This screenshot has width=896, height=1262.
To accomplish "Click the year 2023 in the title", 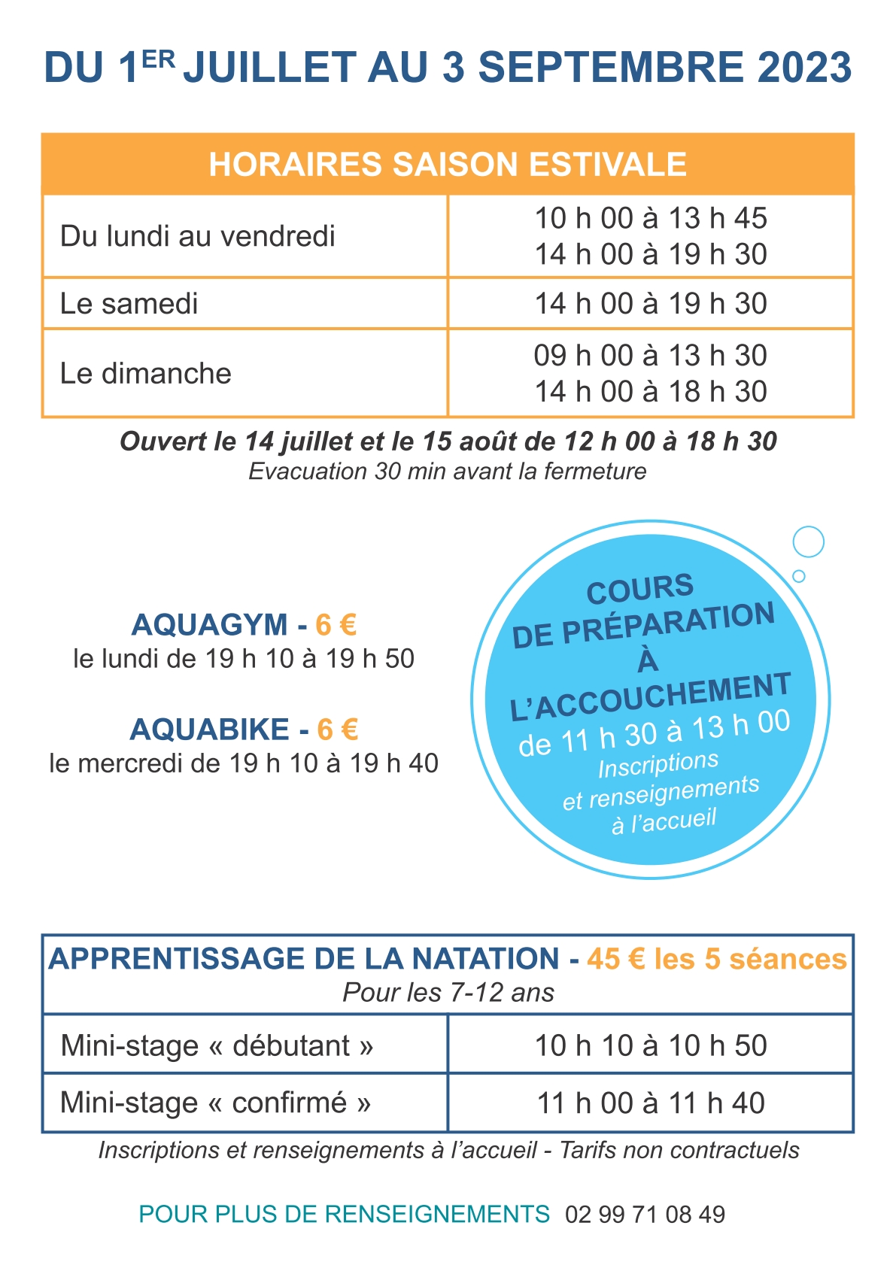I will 804,68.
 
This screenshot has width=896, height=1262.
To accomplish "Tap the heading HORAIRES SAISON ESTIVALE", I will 448,165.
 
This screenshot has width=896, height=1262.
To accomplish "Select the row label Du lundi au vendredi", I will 198,236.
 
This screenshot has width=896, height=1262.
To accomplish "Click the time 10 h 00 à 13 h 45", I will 651,218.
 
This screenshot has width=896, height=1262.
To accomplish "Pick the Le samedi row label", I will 129,304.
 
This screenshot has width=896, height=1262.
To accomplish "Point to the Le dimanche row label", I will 146,373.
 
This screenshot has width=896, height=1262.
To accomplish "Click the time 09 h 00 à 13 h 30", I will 651,355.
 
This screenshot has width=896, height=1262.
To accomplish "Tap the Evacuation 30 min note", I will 448,472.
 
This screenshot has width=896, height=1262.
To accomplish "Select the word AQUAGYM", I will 210,625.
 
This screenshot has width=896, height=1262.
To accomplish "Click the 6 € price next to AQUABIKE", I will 337,730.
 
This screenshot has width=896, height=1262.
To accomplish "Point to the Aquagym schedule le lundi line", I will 244,659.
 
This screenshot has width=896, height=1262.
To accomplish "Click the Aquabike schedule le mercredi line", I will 244,763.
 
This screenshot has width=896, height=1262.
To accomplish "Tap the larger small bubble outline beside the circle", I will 809,542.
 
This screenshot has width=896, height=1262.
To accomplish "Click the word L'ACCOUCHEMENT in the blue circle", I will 651,696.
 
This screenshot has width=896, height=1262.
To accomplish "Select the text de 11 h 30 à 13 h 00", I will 655,733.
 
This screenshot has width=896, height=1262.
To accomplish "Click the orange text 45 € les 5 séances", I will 717,959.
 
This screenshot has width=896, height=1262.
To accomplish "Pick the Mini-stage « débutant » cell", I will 217,1045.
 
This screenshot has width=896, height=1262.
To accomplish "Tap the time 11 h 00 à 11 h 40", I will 651,1103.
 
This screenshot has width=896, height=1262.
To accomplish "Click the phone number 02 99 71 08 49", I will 645,1214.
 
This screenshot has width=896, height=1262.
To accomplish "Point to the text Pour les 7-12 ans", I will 448,993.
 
